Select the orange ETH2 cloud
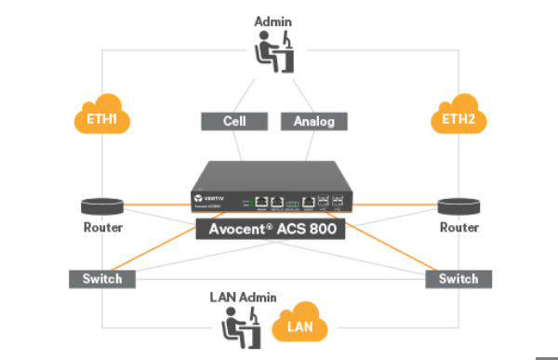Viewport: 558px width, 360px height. pyautogui.click(x=458, y=119)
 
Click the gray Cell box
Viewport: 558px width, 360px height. pyautogui.click(x=233, y=121)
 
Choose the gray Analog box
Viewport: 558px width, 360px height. pyautogui.click(x=313, y=121)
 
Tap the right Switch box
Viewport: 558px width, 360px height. pyautogui.click(x=458, y=278)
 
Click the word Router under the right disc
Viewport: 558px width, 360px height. pyautogui.click(x=458, y=228)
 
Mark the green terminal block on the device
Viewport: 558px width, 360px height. pyautogui.click(x=294, y=201)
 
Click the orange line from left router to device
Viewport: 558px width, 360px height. pyautogui.click(x=153, y=204)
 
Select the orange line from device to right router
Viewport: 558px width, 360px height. pyautogui.click(x=400, y=204)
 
